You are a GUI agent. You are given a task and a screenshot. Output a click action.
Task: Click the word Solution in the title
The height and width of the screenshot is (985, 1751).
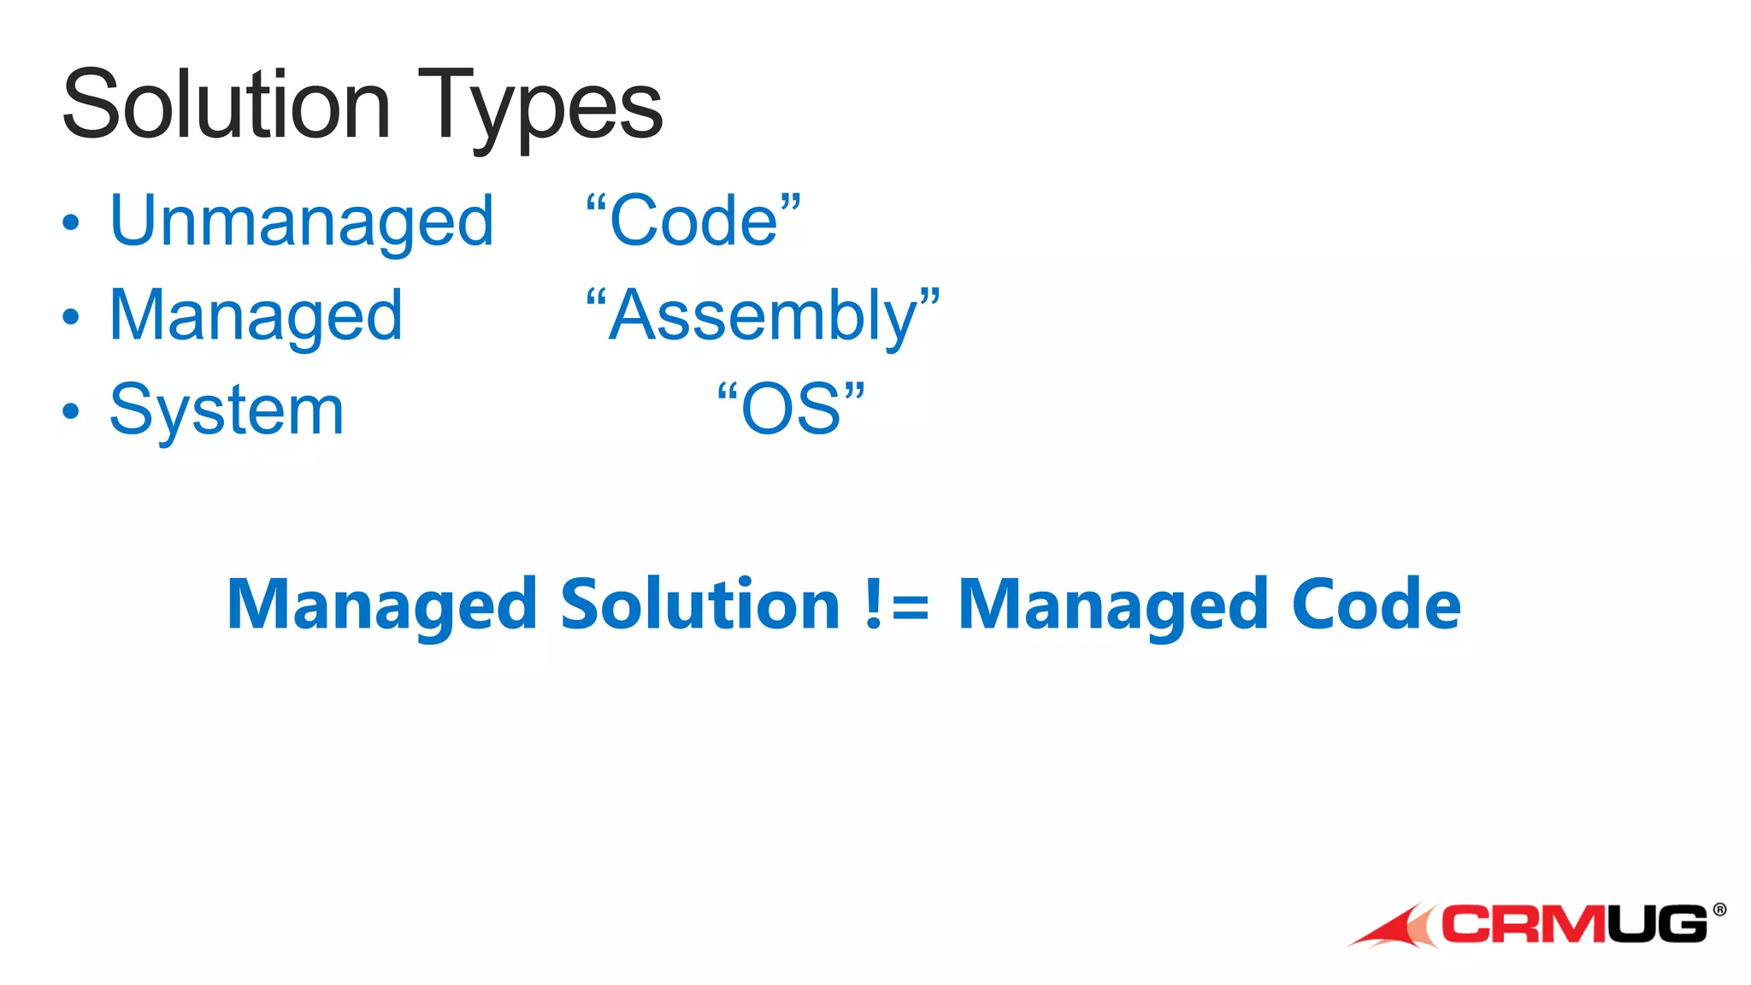click(227, 106)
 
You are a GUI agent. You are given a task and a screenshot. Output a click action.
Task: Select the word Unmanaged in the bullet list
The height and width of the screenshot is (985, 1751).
click(302, 222)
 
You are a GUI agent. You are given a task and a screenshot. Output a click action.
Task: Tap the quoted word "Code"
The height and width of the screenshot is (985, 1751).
click(693, 221)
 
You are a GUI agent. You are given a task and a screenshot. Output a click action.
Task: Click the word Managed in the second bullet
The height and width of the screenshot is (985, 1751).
click(256, 316)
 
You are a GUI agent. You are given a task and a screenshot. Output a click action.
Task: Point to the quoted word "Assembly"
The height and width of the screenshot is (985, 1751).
click(763, 316)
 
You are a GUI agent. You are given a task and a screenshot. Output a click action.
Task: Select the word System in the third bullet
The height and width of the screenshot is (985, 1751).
click(227, 410)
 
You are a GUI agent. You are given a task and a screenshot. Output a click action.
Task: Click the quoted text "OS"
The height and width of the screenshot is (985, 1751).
click(791, 409)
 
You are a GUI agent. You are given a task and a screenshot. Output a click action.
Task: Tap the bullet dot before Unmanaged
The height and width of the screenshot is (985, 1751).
click(71, 224)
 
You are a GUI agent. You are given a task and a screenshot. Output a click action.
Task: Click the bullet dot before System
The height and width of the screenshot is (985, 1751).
click(71, 411)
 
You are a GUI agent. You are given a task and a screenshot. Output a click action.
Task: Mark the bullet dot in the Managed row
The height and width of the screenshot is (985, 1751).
click(71, 317)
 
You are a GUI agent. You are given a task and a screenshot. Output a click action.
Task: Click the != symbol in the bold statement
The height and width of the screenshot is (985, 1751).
click(897, 605)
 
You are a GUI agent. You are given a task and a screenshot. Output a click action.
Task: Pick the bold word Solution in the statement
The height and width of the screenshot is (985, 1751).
click(700, 605)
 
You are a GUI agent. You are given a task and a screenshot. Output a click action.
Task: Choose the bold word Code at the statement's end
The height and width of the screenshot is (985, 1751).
click(1376, 605)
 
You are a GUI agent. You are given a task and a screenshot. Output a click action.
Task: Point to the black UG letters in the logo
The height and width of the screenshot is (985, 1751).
click(1657, 924)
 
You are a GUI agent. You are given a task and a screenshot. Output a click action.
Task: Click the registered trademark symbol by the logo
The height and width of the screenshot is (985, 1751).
click(1719, 910)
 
